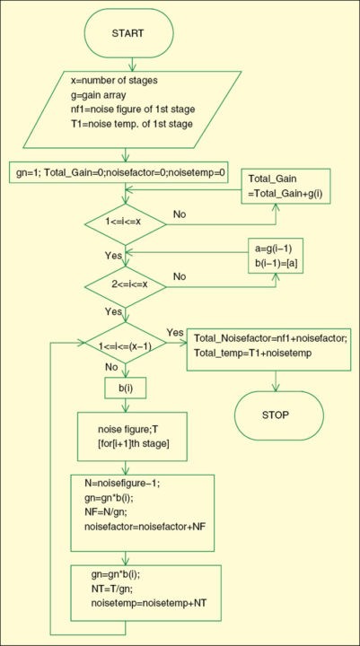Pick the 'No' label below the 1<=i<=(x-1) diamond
114,366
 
